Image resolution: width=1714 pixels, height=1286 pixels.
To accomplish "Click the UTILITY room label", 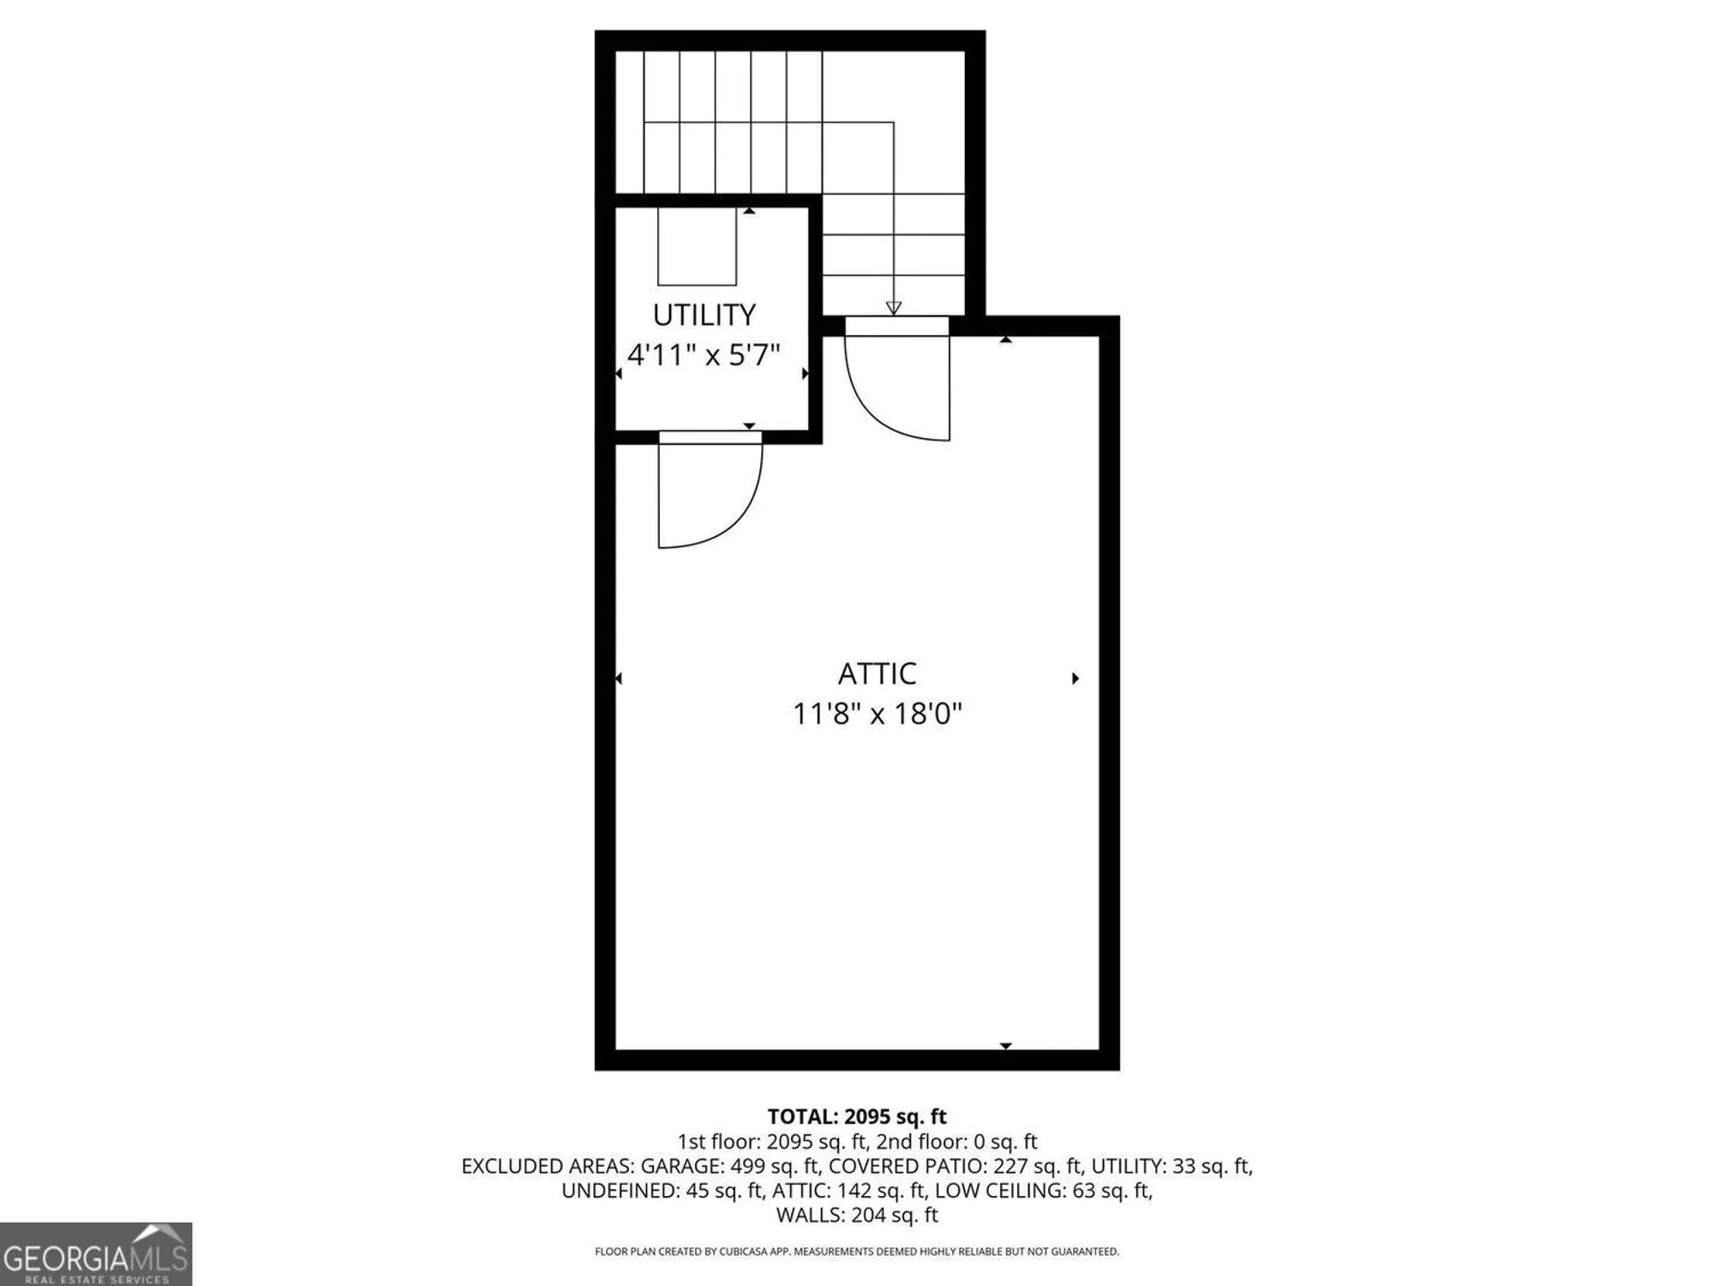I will (x=704, y=315).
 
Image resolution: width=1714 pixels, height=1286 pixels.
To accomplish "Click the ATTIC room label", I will (x=877, y=674).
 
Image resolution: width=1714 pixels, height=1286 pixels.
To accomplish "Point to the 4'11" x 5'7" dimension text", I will (x=704, y=355).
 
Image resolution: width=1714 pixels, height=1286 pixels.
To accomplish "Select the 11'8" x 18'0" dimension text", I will (x=877, y=713).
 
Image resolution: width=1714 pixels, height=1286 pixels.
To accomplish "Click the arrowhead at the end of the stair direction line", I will (x=893, y=308).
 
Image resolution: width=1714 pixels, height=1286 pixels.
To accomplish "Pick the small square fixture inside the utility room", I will (x=697, y=247).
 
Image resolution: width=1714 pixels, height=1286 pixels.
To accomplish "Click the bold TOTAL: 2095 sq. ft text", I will (x=856, y=1116).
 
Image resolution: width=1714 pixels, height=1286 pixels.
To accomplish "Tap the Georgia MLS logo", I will (x=95, y=1254).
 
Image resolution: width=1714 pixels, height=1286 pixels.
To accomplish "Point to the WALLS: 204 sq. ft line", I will (x=856, y=1215).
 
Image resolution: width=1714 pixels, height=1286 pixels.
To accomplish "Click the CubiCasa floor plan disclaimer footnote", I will (x=856, y=1252).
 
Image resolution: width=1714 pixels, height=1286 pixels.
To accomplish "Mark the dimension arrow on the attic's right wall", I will (x=1076, y=678).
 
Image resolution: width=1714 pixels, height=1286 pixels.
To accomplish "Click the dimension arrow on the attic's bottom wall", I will (x=1006, y=1046).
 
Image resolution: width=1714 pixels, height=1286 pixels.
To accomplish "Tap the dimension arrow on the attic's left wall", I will (x=619, y=678).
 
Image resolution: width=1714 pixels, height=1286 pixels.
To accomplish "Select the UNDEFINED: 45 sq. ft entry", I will (x=662, y=1191).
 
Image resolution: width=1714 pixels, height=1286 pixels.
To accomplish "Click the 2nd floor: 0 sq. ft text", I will (x=956, y=1142).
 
